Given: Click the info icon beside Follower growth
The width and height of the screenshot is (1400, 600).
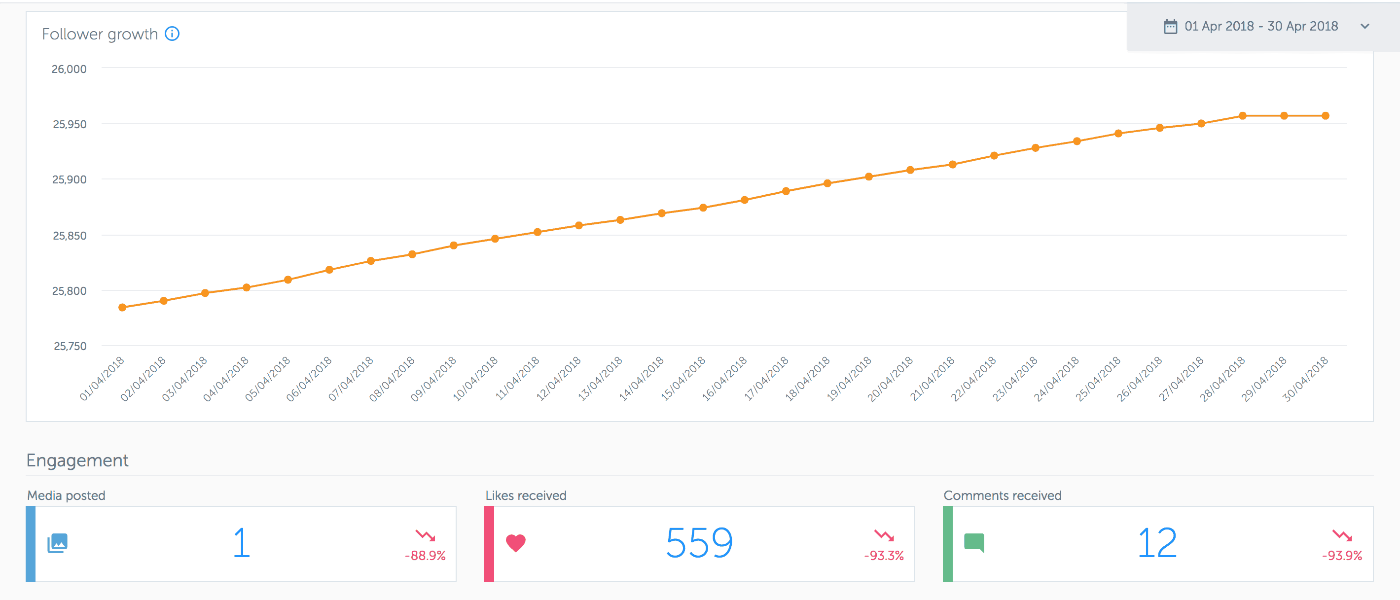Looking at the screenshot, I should pos(172,34).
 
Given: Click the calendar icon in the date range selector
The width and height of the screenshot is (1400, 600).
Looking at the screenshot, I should pos(1170,26).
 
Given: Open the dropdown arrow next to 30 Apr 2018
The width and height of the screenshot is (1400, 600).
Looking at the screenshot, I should pos(1364,26).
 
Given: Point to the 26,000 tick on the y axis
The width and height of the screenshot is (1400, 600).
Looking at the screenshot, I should pos(69,69).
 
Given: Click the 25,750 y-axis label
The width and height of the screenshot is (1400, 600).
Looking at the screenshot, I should pos(70,346).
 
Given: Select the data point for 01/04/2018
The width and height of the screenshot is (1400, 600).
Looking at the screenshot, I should pos(122,307).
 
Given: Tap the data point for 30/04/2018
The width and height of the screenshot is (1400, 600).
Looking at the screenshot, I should pos(1325,116).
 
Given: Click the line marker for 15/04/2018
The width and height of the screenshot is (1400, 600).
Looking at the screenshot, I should pos(703,208).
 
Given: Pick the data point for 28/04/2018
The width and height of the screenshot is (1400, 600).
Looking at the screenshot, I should pos(1242,116).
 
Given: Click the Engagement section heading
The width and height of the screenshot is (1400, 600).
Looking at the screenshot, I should pos(77,460).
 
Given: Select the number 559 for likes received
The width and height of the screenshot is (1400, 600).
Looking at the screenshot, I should pos(699,543).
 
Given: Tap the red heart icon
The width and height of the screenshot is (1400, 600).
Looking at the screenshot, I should pos(515,542).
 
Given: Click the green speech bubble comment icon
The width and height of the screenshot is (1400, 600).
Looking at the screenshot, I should pos(974,542).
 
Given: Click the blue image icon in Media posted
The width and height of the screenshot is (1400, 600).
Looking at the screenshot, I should pos(58,543).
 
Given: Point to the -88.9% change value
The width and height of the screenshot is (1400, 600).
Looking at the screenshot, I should pos(425,556).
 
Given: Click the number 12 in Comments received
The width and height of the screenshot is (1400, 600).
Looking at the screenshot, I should pos(1157,543).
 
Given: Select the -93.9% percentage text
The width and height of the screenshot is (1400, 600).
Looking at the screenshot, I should pos(1342,556).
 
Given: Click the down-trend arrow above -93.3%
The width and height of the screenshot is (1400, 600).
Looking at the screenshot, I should pos(884,536).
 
